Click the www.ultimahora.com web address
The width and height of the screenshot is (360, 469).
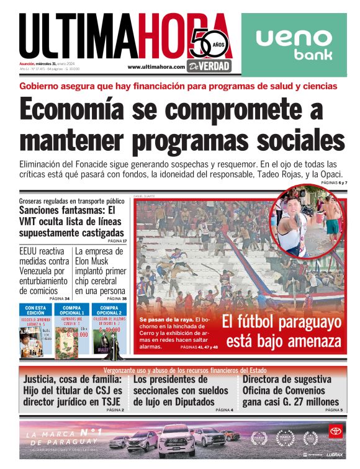tap(156, 67)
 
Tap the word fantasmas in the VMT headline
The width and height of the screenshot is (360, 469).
tap(71, 210)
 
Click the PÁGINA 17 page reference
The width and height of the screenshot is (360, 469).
tap(117, 241)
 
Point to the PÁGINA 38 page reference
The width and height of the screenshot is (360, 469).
tap(115, 298)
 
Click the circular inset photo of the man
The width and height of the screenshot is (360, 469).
tap(308, 221)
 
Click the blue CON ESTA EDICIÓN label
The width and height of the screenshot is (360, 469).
tap(35, 308)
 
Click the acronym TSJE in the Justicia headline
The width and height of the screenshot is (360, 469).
tap(109, 401)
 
